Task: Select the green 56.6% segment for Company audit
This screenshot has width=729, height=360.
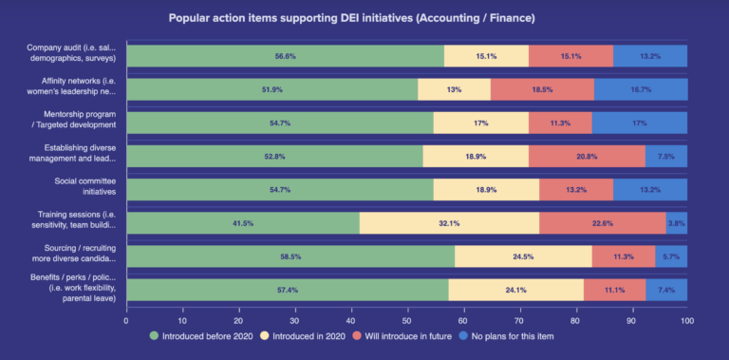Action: [285, 56]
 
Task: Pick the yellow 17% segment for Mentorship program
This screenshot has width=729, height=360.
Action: [481, 123]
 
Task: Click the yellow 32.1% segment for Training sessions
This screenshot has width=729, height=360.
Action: [449, 223]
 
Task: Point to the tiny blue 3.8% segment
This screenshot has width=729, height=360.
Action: [676, 223]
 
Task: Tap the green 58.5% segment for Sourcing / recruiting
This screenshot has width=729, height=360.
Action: [290, 256]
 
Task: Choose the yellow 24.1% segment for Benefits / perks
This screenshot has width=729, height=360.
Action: [515, 290]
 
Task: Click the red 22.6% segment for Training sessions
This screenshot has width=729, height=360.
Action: [602, 223]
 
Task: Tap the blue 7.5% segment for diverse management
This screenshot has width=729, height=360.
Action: [666, 157]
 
